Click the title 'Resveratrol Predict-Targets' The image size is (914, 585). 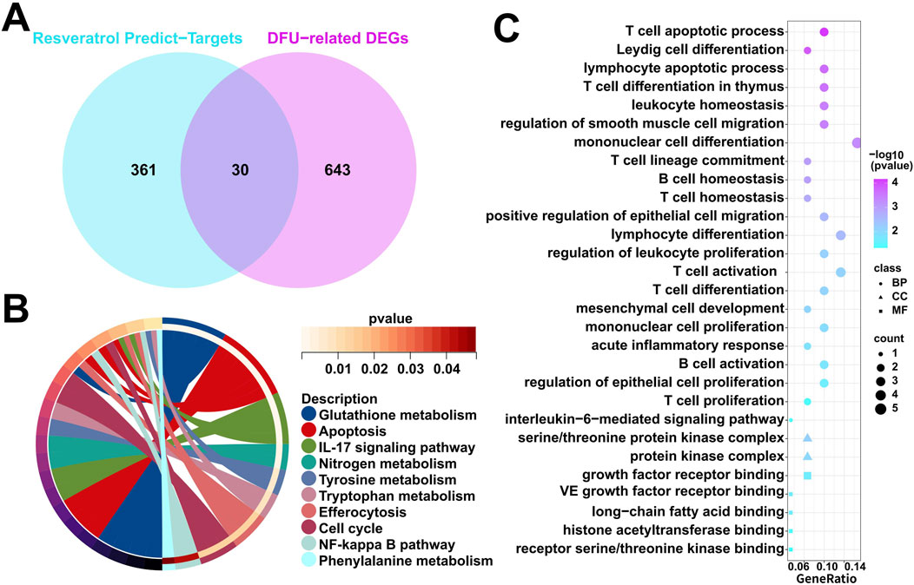136,39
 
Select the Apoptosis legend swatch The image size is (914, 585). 307,431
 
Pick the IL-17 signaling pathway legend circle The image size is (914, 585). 307,448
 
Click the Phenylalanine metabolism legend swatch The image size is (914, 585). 307,561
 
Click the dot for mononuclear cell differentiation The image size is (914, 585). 858,142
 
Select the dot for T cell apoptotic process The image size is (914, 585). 824,32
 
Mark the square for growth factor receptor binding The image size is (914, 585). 807,476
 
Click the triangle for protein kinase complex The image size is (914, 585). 807,457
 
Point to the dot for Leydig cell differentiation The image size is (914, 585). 807,50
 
